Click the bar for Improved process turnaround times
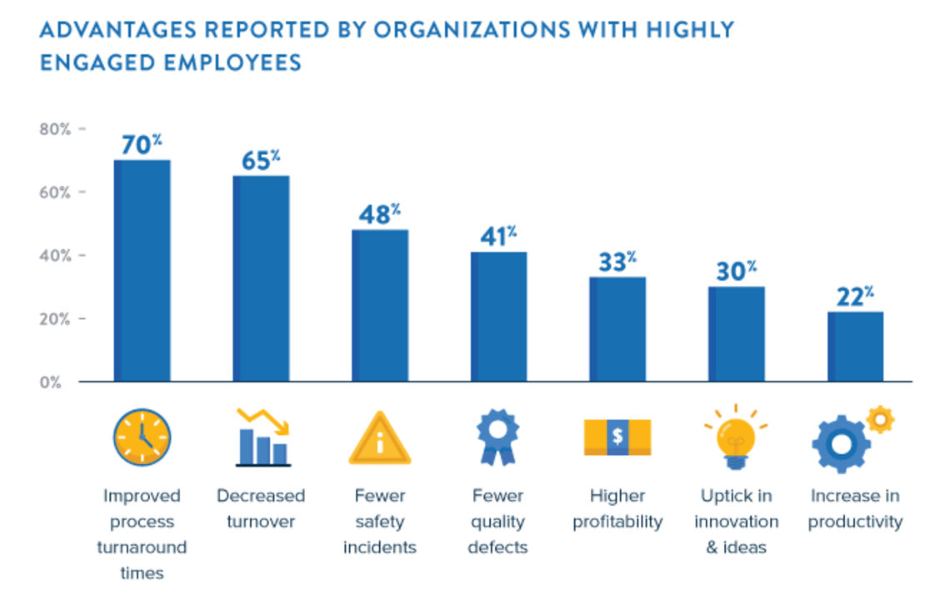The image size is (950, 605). (142, 271)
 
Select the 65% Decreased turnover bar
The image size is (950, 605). (261, 278)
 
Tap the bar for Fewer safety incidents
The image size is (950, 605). (380, 305)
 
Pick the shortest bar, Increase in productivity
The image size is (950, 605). (856, 347)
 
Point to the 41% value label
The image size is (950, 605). (498, 237)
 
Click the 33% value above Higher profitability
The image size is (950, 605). (617, 262)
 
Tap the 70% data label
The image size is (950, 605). (142, 145)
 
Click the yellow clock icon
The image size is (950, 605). (142, 437)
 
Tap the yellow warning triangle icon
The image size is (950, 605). (380, 439)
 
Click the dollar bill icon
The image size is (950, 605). (617, 437)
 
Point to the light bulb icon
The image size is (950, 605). (736, 436)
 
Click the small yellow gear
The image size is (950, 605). (879, 419)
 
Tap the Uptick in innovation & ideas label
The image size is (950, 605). (737, 522)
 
